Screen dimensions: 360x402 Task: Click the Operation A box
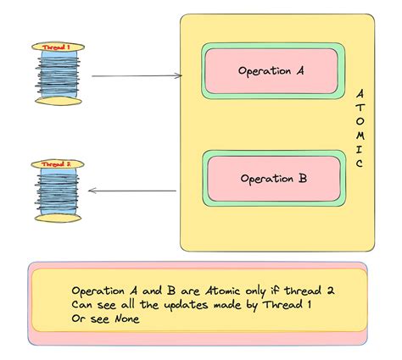[x=272, y=71]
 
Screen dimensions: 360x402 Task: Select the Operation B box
[x=272, y=179]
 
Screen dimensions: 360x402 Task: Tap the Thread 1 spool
[x=59, y=75]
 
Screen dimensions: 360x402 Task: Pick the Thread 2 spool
[x=58, y=191]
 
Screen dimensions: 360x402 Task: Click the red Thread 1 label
[x=57, y=47]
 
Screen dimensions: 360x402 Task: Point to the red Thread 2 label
[x=57, y=163]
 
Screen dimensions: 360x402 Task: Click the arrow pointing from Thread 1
[x=136, y=76]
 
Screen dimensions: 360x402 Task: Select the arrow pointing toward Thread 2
[x=133, y=191]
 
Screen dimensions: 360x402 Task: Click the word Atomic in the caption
[x=223, y=289]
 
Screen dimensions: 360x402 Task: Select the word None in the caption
[x=122, y=318]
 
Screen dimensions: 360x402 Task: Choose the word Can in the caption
[x=83, y=304]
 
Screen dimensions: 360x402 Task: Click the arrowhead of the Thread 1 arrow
[x=179, y=76]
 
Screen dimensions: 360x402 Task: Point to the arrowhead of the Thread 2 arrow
[x=92, y=191]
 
